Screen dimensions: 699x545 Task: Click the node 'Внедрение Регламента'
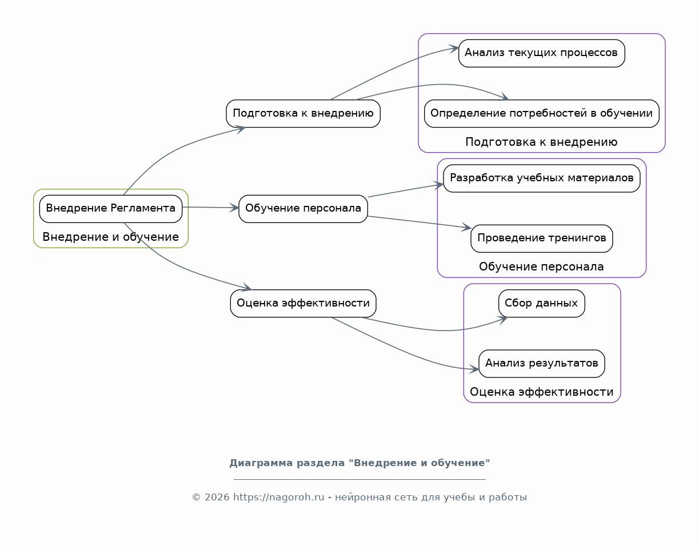(111, 209)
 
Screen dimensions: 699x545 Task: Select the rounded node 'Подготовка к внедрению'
(303, 114)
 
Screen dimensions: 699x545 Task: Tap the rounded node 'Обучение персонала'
(303, 209)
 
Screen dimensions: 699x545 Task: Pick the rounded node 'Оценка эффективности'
(303, 304)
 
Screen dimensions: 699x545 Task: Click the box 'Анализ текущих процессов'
(541, 53)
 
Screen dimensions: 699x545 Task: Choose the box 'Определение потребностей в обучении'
(541, 114)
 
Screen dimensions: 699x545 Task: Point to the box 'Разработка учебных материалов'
(541, 178)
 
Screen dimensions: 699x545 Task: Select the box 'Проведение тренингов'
(541, 238)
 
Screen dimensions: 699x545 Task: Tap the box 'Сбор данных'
(541, 304)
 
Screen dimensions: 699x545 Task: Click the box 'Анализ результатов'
(541, 364)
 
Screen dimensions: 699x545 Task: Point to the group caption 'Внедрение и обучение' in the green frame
(111, 237)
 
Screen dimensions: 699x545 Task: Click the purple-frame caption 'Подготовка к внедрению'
(541, 142)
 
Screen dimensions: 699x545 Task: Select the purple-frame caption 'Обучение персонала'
(541, 266)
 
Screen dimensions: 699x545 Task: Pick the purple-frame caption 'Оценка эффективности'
(541, 392)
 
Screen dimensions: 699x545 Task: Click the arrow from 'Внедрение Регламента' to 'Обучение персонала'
(210, 208)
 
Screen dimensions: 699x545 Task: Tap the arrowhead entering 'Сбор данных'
(503, 320)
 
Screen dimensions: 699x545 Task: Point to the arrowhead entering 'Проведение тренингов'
(466, 227)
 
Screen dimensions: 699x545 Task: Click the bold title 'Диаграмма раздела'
(287, 463)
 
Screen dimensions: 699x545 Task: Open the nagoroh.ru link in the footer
(278, 498)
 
